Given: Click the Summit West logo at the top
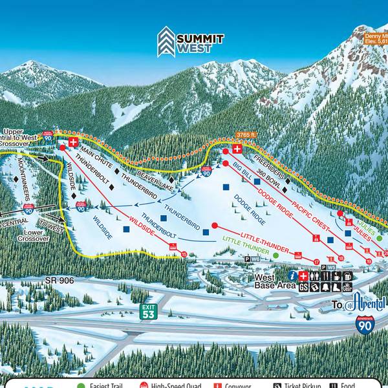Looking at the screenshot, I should tap(191, 41).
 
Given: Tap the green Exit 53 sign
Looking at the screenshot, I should tap(149, 312).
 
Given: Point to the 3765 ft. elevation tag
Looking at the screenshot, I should tap(246, 135).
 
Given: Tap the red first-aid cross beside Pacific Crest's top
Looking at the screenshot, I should tap(237, 149).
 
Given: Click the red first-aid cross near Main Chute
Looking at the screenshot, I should tap(73, 141).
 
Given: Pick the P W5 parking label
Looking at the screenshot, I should tap(328, 266).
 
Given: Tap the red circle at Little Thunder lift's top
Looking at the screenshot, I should tap(215, 226).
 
